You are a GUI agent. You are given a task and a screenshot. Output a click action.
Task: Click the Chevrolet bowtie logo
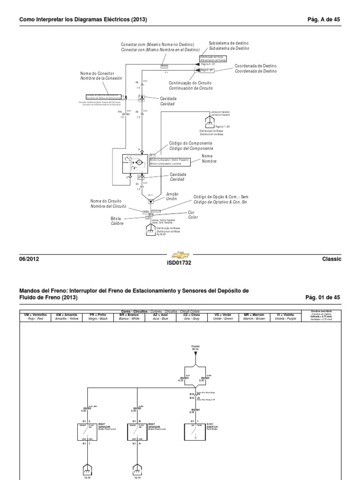[180, 255]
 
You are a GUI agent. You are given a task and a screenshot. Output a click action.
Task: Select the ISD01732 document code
[180, 263]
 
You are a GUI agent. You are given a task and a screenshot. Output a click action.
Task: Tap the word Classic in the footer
[332, 259]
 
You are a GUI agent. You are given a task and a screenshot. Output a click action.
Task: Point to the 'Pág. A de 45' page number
[323, 19]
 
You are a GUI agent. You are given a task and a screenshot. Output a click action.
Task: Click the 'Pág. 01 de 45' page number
[322, 297]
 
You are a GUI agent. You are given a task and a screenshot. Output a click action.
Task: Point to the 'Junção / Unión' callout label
[172, 195]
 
